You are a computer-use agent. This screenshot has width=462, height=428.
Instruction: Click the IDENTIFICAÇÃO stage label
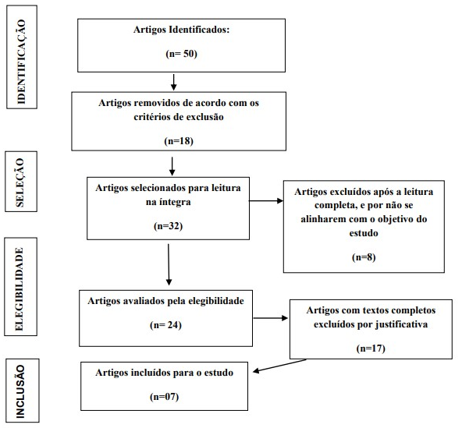pos(22,62)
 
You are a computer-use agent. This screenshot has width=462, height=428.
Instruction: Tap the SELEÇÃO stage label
pos(20,182)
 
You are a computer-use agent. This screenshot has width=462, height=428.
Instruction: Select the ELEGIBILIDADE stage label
pos(20,288)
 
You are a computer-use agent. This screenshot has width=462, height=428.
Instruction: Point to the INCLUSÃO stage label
pos(20,391)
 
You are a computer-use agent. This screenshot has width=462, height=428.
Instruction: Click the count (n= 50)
pos(181,54)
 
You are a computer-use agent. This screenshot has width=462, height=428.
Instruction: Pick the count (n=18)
pos(179,141)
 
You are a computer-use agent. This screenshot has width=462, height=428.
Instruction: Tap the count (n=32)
pos(169,226)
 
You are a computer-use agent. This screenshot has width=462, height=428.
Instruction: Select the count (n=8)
pos(364,257)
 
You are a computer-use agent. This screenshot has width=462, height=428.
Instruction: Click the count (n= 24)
pos(165,325)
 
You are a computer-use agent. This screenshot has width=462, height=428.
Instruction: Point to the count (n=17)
pos(371,348)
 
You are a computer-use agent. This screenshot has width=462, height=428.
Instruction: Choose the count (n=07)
pos(165,397)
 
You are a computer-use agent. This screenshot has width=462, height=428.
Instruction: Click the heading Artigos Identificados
pos(181,30)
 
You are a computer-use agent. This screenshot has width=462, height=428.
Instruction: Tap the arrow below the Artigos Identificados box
pos(174,82)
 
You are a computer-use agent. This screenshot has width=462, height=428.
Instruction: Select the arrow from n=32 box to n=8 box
pos(266,201)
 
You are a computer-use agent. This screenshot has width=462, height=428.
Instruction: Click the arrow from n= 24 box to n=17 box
pos(271,318)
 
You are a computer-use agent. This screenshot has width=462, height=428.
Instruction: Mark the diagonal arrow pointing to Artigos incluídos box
pos(279,366)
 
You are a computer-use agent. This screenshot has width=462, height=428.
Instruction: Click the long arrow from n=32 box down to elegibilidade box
pos(169,264)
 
